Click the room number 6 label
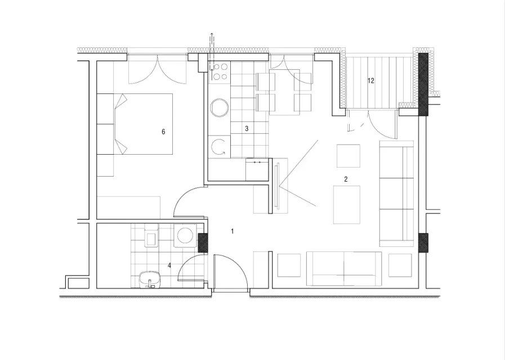[163, 132]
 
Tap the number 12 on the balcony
[370, 81]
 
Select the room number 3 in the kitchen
[247, 129]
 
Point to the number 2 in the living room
[346, 179]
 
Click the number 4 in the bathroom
[169, 265]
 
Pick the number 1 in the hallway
[232, 231]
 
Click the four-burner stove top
[220, 71]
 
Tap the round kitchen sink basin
[220, 107]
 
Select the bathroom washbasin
[150, 279]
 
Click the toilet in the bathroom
[151, 236]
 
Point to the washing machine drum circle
[185, 235]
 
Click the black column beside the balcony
[423, 84]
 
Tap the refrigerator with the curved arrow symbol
[219, 147]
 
